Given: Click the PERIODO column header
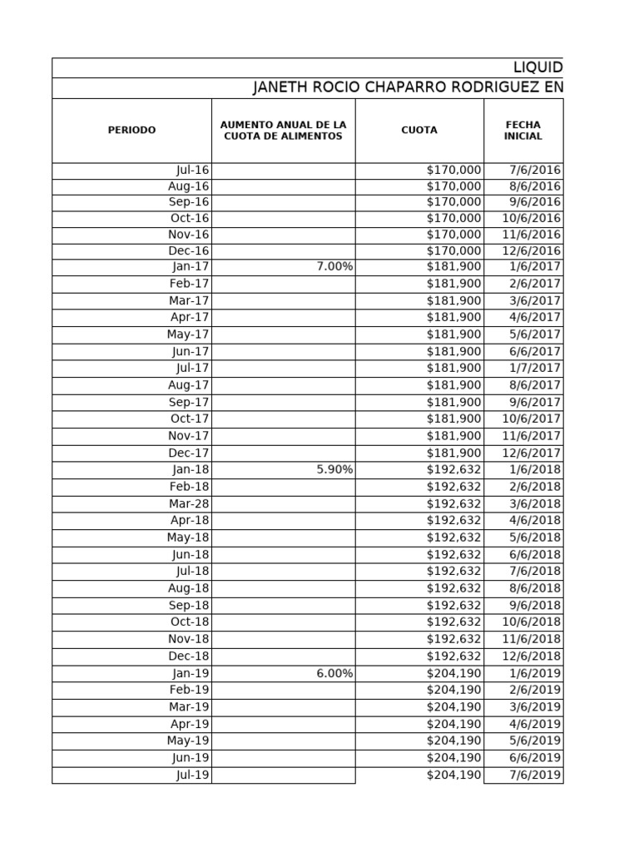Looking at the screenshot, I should coord(131,131).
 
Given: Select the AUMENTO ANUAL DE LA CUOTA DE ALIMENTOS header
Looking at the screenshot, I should coord(283,131).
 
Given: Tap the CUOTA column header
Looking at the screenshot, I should coord(419,131).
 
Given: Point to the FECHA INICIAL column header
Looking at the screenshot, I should coord(523,131).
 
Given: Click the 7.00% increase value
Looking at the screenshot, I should coord(334,267).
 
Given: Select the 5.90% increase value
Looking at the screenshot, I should coord(334,469).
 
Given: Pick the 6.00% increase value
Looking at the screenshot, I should coord(334,673).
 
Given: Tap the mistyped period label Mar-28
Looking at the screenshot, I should coord(189,503).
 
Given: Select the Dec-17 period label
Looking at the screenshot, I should coord(190,453).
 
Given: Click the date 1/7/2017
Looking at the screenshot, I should coord(536,368).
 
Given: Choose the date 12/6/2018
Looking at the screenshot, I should coord(532,656).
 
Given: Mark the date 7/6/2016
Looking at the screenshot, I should coord(536,171).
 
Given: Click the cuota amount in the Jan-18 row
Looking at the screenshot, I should coord(453,469).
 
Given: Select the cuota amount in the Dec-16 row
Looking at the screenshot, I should coord(453,250).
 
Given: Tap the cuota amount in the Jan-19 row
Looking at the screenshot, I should coord(453,673).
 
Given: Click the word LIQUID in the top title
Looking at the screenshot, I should coord(537,67).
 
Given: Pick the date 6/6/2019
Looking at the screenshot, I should coord(536,758).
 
